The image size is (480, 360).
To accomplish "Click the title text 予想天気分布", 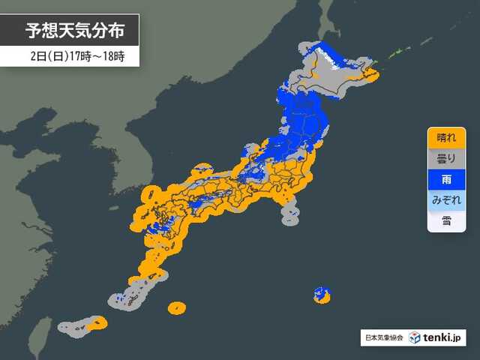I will pos(72,31).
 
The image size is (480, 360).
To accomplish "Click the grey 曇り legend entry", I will pos(446,159).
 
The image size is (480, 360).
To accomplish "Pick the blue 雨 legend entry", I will pos(446,180).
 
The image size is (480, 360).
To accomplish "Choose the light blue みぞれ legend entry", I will pos(446,201).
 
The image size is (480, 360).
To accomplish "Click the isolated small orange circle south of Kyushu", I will pos(177,307).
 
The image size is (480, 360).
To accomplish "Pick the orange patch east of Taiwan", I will pos(96,324).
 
